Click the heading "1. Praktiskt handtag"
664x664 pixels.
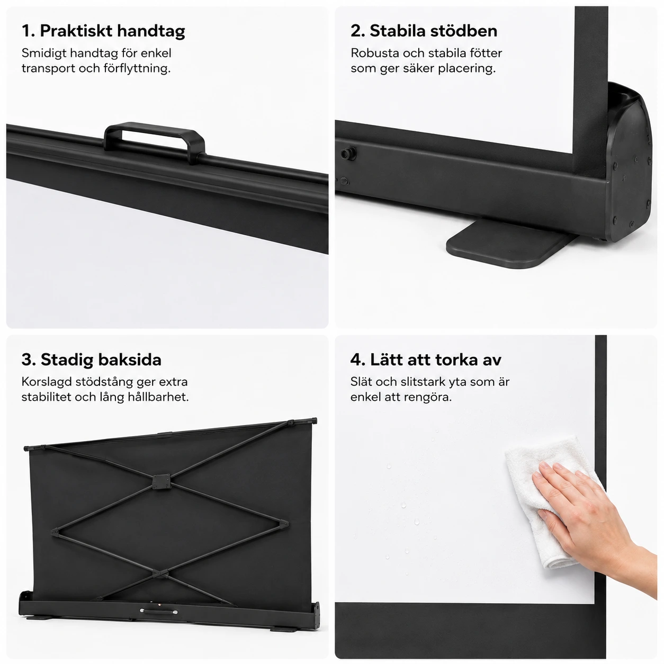click(103, 31)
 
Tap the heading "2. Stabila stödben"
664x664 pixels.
click(424, 31)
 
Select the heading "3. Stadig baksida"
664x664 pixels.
click(91, 360)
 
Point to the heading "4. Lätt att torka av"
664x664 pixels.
click(426, 360)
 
